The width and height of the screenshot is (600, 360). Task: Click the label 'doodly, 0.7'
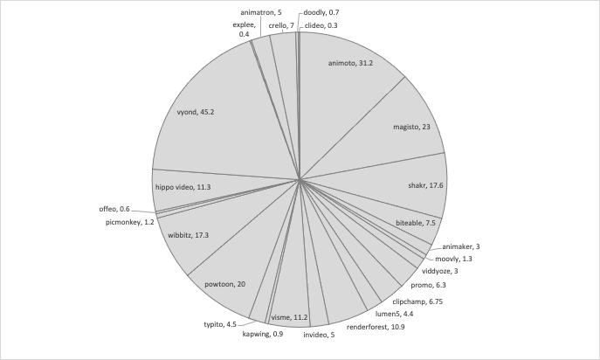[321, 12]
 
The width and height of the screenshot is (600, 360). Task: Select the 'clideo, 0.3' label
[321, 25]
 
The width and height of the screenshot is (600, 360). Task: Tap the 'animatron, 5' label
[261, 12]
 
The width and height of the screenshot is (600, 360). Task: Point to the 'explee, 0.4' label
[245, 30]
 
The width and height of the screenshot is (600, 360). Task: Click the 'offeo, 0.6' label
[114, 209]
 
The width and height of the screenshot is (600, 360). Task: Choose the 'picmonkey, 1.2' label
[130, 222]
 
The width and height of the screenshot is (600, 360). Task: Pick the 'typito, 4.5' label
[220, 324]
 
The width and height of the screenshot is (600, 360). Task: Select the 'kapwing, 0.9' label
[263, 334]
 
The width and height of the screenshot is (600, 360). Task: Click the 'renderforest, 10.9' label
[376, 327]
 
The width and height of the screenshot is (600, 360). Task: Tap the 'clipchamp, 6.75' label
[417, 301]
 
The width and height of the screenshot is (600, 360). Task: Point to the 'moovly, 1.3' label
[453, 259]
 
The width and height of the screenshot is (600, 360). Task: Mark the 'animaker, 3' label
[461, 246]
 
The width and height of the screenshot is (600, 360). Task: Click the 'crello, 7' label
[281, 25]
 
